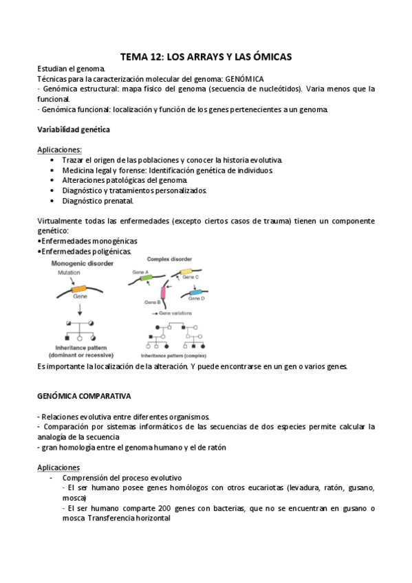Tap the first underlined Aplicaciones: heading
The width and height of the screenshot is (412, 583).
[59, 149]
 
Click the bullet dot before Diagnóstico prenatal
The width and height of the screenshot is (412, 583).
[53, 201]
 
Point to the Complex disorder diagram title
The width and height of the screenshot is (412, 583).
[169, 258]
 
